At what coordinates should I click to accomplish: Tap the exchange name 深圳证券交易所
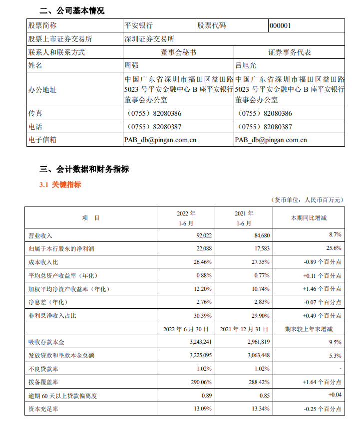click(x=149, y=39)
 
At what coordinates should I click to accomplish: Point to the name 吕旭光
click(x=245, y=65)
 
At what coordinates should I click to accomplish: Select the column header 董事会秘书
click(x=178, y=52)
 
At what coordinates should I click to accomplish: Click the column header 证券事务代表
click(x=290, y=52)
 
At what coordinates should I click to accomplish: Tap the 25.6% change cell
click(x=334, y=248)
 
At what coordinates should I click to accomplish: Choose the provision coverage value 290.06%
click(x=202, y=382)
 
